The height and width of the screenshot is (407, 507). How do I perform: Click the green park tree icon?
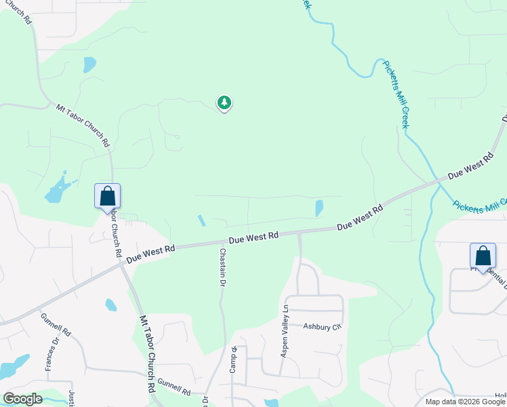click(224, 103)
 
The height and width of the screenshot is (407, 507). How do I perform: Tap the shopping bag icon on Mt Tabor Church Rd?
click(107, 196)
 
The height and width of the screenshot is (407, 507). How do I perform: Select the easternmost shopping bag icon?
click(483, 256)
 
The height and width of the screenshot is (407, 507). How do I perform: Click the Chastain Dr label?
click(222, 267)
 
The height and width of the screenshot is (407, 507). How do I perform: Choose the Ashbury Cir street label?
click(321, 327)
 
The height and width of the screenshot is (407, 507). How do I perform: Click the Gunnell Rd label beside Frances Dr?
click(56, 324)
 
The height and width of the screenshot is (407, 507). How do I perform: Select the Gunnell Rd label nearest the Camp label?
click(174, 387)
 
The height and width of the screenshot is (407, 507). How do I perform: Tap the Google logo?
click(22, 399)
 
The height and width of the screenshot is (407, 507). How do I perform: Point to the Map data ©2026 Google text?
click(465, 402)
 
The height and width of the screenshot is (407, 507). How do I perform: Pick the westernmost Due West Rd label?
click(150, 252)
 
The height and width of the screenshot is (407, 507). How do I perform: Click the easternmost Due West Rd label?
click(470, 166)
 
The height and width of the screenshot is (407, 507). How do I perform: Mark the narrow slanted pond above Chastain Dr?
click(201, 221)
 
